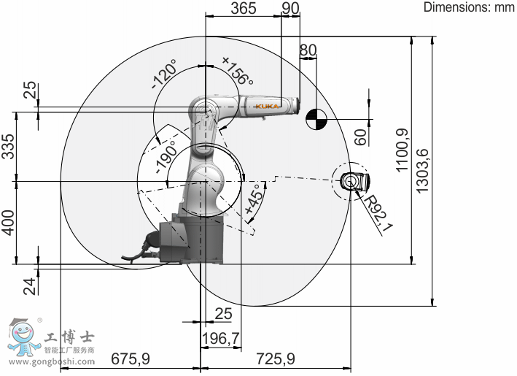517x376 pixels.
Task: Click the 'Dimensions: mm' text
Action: click(x=470, y=7)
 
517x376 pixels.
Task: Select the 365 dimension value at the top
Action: click(x=244, y=8)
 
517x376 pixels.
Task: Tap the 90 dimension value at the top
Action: click(x=290, y=8)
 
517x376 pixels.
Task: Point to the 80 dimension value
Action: click(x=308, y=50)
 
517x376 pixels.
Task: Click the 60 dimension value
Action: click(x=359, y=136)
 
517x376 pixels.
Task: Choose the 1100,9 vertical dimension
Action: click(x=402, y=150)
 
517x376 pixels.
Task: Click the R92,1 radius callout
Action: click(x=379, y=212)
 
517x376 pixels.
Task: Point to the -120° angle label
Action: click(x=166, y=75)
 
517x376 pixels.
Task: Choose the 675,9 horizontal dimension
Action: click(x=131, y=359)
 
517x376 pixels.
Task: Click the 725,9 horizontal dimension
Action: click(x=275, y=359)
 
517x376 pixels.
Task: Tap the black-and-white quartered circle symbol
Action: click(x=316, y=118)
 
